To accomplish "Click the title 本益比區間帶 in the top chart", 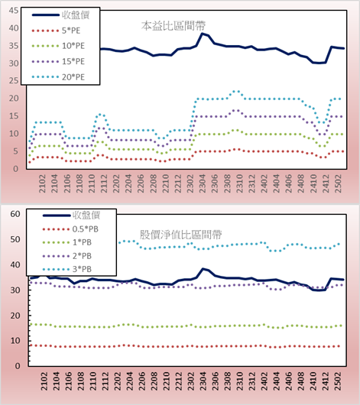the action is [174, 26].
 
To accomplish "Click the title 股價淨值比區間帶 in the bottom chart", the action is [180, 235].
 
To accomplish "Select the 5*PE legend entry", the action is [56, 31].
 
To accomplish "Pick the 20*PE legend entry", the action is [58, 77].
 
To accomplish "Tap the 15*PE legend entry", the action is [58, 61].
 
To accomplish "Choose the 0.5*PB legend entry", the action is [70, 229].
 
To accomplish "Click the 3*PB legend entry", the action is [67, 269].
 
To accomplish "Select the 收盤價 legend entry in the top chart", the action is [60, 15].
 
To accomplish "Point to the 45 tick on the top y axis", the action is [14, 11].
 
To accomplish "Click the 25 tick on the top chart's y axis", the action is [14, 80].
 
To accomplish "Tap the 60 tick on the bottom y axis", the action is [15, 214].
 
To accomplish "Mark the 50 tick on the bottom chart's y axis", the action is [15, 239].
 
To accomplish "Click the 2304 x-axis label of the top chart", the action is [203, 183].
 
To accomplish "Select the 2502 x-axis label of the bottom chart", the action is [338, 381].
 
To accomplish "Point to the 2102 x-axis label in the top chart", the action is [42, 183].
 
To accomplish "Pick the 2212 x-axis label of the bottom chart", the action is [179, 381].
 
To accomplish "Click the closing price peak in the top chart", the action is [203, 34].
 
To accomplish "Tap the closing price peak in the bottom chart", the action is [203, 269].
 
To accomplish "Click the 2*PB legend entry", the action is [67, 256].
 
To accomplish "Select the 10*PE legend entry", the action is [58, 46].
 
